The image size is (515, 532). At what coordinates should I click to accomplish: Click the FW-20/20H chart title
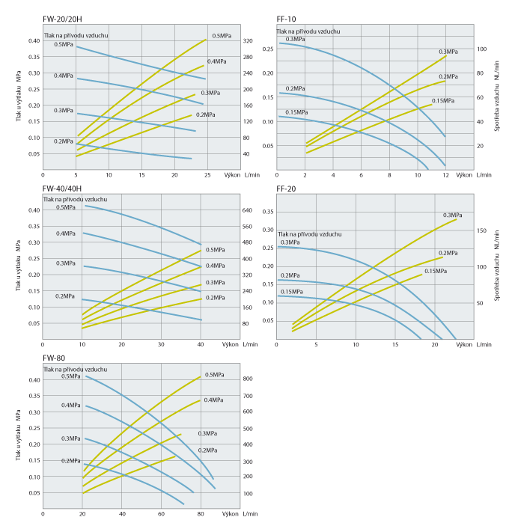point(63,16)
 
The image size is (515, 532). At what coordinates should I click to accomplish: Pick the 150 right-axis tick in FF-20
point(482,230)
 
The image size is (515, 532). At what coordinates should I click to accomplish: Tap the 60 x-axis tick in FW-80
point(161,515)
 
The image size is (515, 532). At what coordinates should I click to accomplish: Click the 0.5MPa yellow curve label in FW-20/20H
point(221,36)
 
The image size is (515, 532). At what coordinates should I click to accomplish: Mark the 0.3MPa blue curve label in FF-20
point(290,242)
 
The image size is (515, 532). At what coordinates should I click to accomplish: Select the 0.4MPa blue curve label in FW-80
point(72,406)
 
